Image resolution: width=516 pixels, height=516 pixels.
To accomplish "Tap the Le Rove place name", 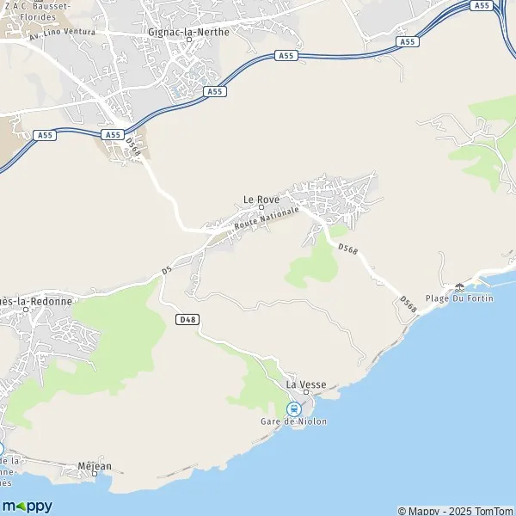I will [261, 199].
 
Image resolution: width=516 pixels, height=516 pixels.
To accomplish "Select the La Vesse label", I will [304, 385].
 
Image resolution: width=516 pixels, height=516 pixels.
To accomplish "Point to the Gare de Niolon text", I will [293, 421].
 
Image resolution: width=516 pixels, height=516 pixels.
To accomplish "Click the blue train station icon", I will [293, 408].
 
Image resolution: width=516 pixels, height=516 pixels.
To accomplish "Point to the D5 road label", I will [167, 272].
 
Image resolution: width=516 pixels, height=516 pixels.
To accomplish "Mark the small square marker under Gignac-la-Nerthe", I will [187, 39].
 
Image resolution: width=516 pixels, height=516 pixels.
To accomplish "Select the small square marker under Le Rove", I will [261, 207].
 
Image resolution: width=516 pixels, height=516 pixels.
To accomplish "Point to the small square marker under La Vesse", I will [304, 394].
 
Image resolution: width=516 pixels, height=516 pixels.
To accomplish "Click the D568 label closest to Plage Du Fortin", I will [408, 304].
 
